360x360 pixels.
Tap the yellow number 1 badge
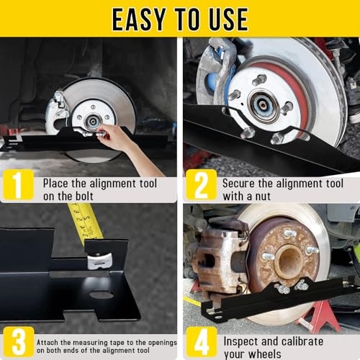point(17,185)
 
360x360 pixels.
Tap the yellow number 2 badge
point(201,185)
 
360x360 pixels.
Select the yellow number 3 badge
point(17,342)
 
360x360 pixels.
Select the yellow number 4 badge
point(201,342)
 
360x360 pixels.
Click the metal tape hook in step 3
point(99,260)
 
